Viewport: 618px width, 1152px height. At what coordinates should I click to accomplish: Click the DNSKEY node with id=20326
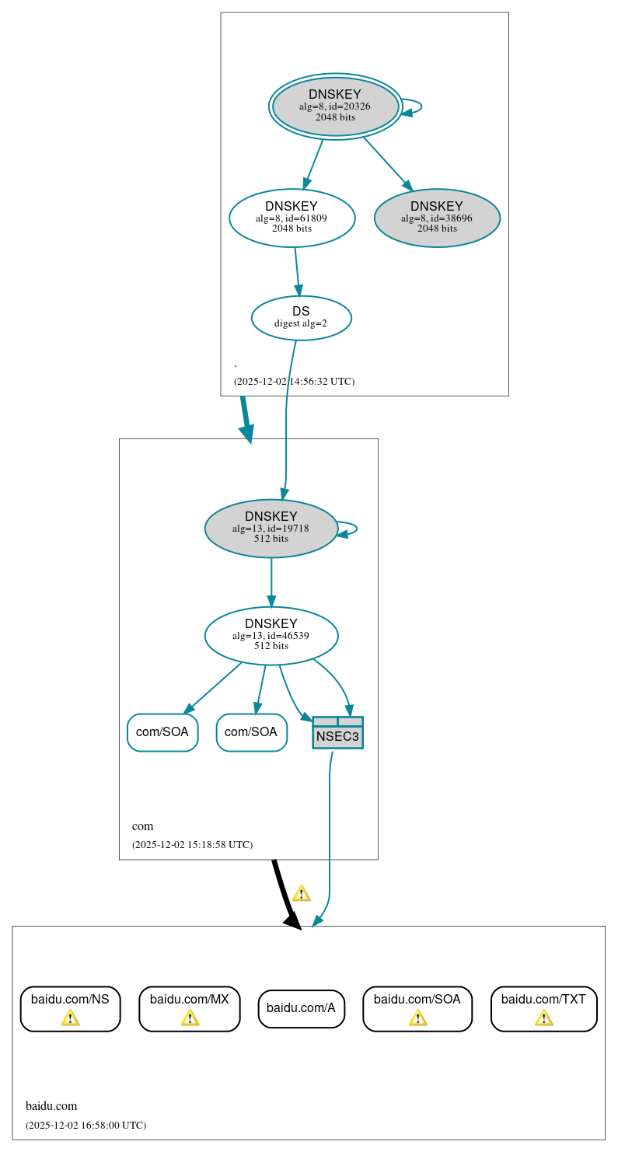point(335,106)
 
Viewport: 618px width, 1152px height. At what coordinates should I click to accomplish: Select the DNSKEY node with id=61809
point(292,218)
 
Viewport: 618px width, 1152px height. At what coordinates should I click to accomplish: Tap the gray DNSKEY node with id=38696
point(437,218)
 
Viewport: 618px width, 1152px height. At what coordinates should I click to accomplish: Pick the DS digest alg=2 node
point(301,317)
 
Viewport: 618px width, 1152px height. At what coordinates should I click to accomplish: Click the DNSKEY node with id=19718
point(271,529)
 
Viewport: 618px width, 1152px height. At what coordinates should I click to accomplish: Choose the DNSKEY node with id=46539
point(271,636)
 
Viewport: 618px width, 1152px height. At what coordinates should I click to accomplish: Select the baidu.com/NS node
point(70,1008)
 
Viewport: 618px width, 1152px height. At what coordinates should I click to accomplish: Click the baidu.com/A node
point(301,1008)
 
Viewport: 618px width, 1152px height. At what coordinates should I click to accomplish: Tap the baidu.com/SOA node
point(417,1008)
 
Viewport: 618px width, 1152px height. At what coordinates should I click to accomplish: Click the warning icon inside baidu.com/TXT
point(543,1018)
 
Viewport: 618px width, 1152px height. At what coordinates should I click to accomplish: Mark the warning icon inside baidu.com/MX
point(190,1018)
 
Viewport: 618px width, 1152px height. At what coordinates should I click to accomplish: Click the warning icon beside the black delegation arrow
point(301,893)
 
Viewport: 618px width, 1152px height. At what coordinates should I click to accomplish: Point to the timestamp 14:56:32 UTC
point(294,382)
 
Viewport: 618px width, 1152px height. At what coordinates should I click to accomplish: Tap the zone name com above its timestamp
point(143,826)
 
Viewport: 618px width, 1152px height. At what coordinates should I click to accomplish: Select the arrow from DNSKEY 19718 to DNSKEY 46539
point(271,581)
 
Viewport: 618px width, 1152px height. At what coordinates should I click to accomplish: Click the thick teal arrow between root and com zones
point(246,420)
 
